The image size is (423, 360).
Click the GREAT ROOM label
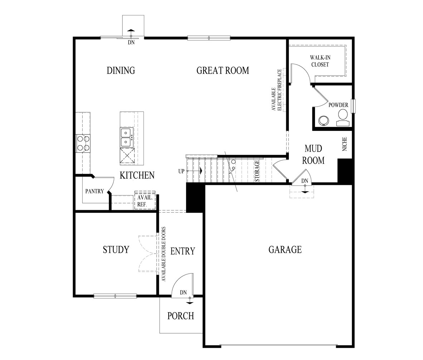pos(223,70)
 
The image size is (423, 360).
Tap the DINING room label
pos(121,70)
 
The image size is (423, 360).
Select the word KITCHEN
pos(137,175)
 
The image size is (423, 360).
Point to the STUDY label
pos(116,250)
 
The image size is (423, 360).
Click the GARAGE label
pos(285,250)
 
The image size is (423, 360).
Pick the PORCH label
pos(181,316)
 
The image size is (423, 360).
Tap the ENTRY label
pos(183,251)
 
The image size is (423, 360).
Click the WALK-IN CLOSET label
pos(320,61)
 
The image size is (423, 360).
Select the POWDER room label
pos(338,105)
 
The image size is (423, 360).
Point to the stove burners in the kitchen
pos(83,143)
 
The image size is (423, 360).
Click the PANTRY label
pos(94,191)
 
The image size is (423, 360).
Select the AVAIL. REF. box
pos(145,201)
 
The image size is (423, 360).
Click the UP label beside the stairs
pos(181,171)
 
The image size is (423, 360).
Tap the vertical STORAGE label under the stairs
pos(257,171)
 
